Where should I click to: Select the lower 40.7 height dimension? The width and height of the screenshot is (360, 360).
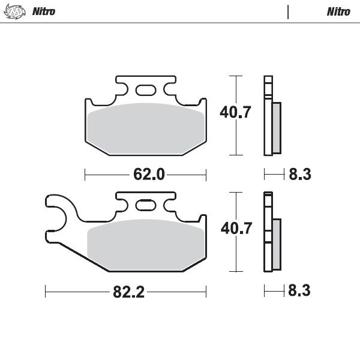[x=232, y=229]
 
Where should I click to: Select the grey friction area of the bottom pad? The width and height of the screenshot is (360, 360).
[x=145, y=243]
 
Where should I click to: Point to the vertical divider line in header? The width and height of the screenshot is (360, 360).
[x=289, y=12]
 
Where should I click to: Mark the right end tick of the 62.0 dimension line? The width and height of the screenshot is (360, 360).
[x=206, y=175]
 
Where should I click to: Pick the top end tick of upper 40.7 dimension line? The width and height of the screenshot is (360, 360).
[x=238, y=77]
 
